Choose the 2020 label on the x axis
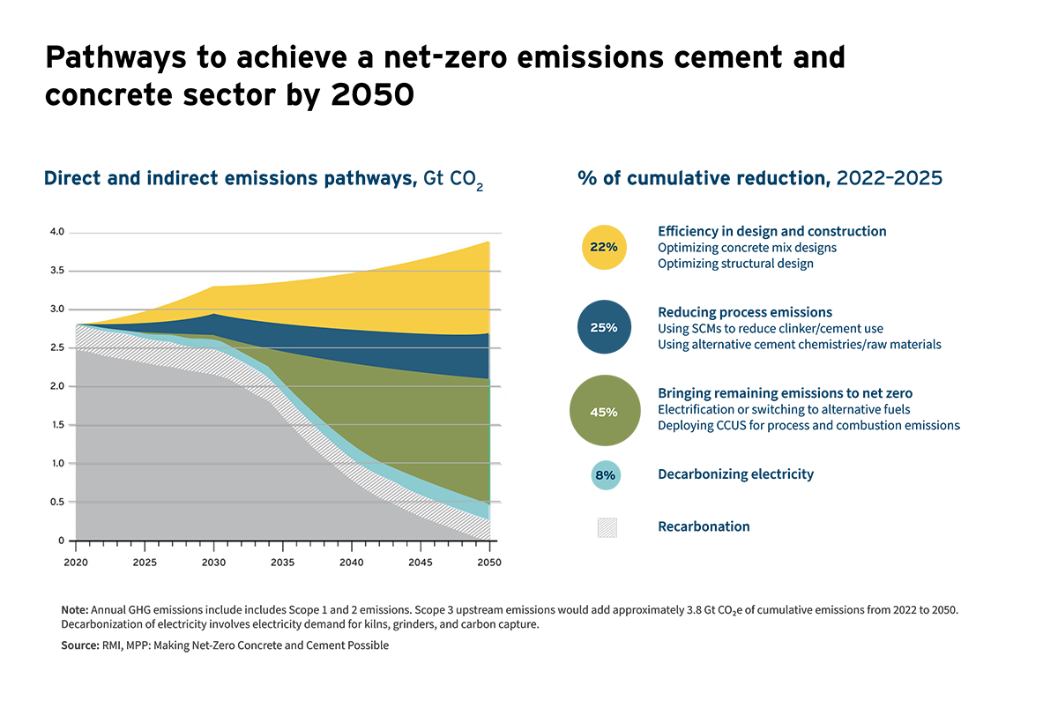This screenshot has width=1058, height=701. point(76,562)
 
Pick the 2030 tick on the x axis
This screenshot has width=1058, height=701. point(213,562)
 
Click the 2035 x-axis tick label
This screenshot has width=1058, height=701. point(282,562)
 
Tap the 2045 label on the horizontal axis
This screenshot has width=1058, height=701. point(421,562)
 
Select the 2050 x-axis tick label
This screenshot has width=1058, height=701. point(488,562)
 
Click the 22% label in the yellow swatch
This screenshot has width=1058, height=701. point(604,247)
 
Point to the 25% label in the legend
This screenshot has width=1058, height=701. point(604,327)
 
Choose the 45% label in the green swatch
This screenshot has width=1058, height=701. point(604,412)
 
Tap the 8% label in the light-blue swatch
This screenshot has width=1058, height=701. point(605,474)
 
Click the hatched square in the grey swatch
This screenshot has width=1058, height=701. point(607,528)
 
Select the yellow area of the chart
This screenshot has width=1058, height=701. point(397,295)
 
